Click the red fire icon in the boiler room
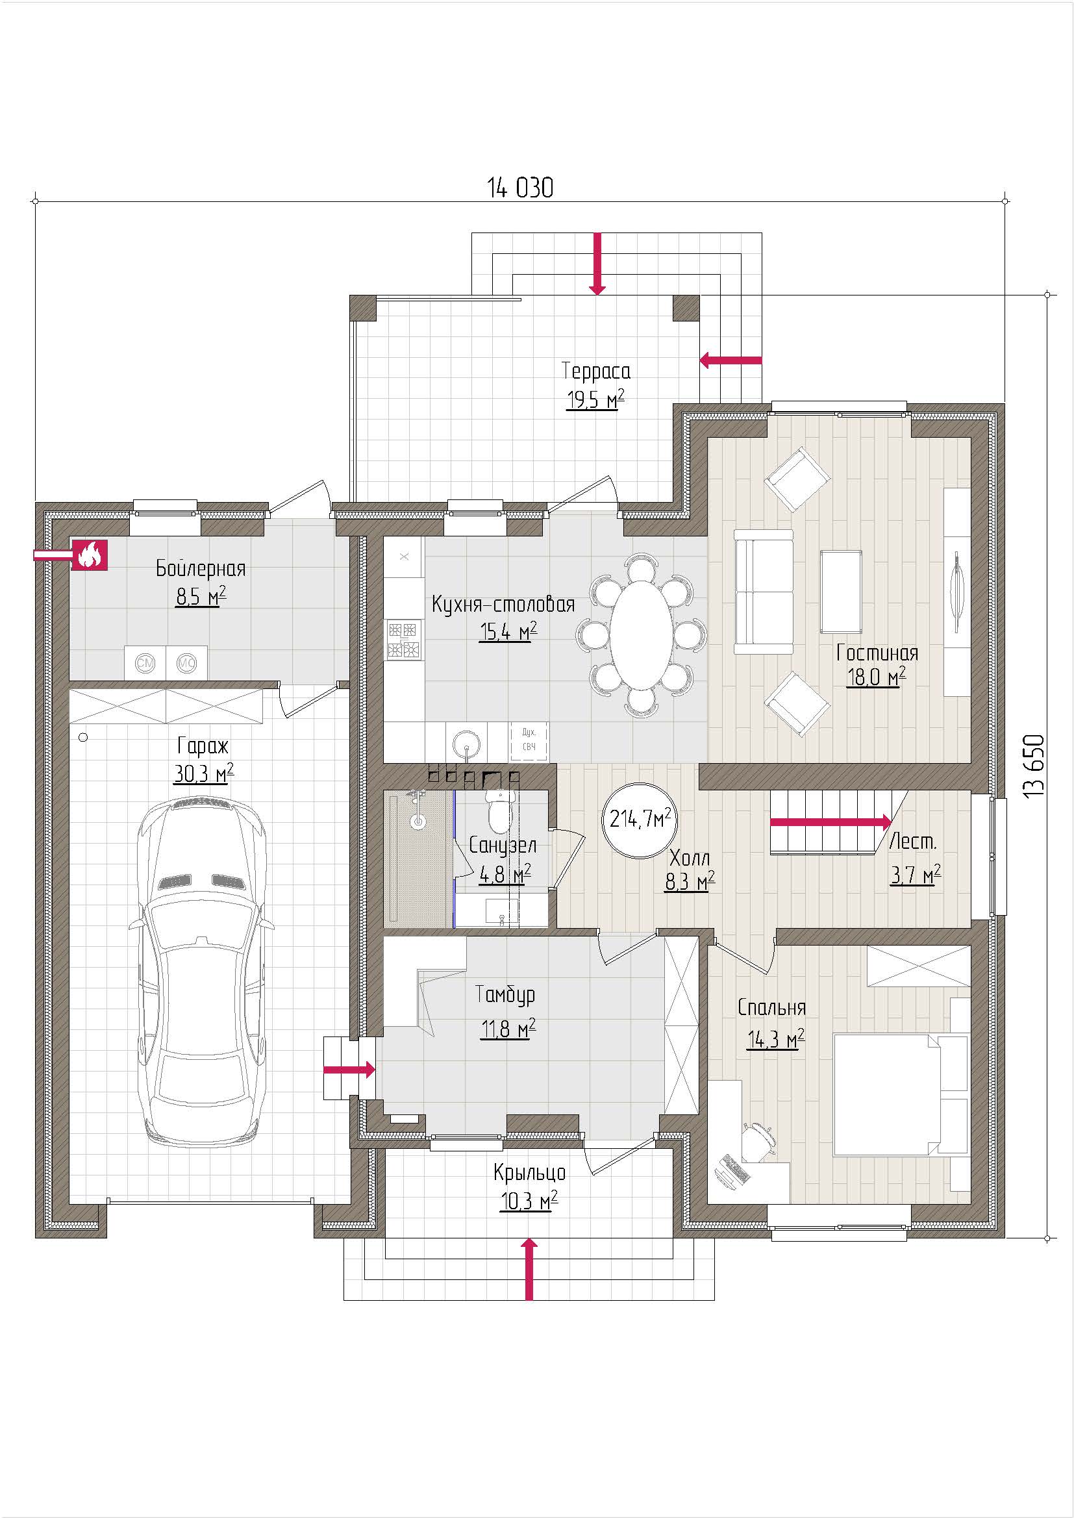89,555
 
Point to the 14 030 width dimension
521,188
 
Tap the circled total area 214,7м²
640,820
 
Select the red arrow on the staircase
831,822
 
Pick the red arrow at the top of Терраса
597,263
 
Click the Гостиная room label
877,653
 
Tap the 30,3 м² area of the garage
204,773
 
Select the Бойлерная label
201,568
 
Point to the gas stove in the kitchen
404,638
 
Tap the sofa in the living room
764,592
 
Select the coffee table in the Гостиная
841,592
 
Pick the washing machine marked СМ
145,662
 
